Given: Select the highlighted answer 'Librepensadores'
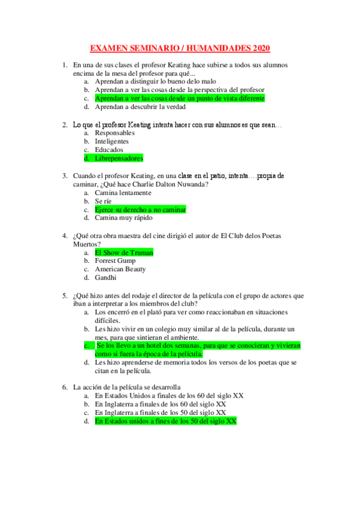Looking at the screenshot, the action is point(119,159).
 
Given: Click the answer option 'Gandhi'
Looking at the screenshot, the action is point(106,278).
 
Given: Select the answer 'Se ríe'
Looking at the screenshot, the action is point(103,201).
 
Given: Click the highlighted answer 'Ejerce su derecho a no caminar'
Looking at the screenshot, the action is point(140,209).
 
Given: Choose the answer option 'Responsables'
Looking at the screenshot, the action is point(115,133).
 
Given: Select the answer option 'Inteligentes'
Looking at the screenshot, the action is point(112,141).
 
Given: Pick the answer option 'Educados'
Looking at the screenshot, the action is point(109,150).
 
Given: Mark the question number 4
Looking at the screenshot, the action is point(64,236).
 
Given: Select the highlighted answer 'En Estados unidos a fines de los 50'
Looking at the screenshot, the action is point(165,422).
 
